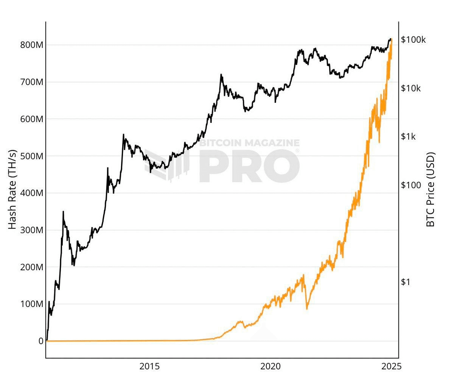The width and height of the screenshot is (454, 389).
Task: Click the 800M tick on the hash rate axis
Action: (x=31, y=45)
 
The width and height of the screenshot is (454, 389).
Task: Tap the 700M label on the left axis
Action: (x=31, y=82)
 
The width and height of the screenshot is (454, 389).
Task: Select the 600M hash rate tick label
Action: (x=31, y=119)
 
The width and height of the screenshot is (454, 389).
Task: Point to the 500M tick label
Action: (x=31, y=156)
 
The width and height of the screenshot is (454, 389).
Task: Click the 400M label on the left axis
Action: (x=31, y=193)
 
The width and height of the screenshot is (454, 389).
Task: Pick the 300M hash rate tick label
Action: (x=31, y=230)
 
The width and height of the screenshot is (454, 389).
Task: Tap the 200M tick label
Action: (x=31, y=267)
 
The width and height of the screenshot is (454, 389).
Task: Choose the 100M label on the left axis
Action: (x=31, y=304)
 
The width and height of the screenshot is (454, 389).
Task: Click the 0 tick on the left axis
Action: (x=40, y=341)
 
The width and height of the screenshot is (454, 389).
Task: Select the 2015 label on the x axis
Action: (x=149, y=366)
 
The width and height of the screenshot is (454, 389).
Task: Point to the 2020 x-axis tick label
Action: (x=271, y=366)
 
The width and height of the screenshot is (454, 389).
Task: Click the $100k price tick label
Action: (x=414, y=40)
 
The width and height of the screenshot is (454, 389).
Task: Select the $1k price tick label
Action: (x=408, y=136)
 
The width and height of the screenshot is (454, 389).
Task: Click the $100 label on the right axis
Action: (x=411, y=185)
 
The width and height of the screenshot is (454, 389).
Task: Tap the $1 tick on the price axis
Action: (x=405, y=282)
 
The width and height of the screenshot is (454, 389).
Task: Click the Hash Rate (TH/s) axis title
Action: (x=12, y=189)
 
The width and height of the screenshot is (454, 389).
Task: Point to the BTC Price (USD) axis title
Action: (x=431, y=189)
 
